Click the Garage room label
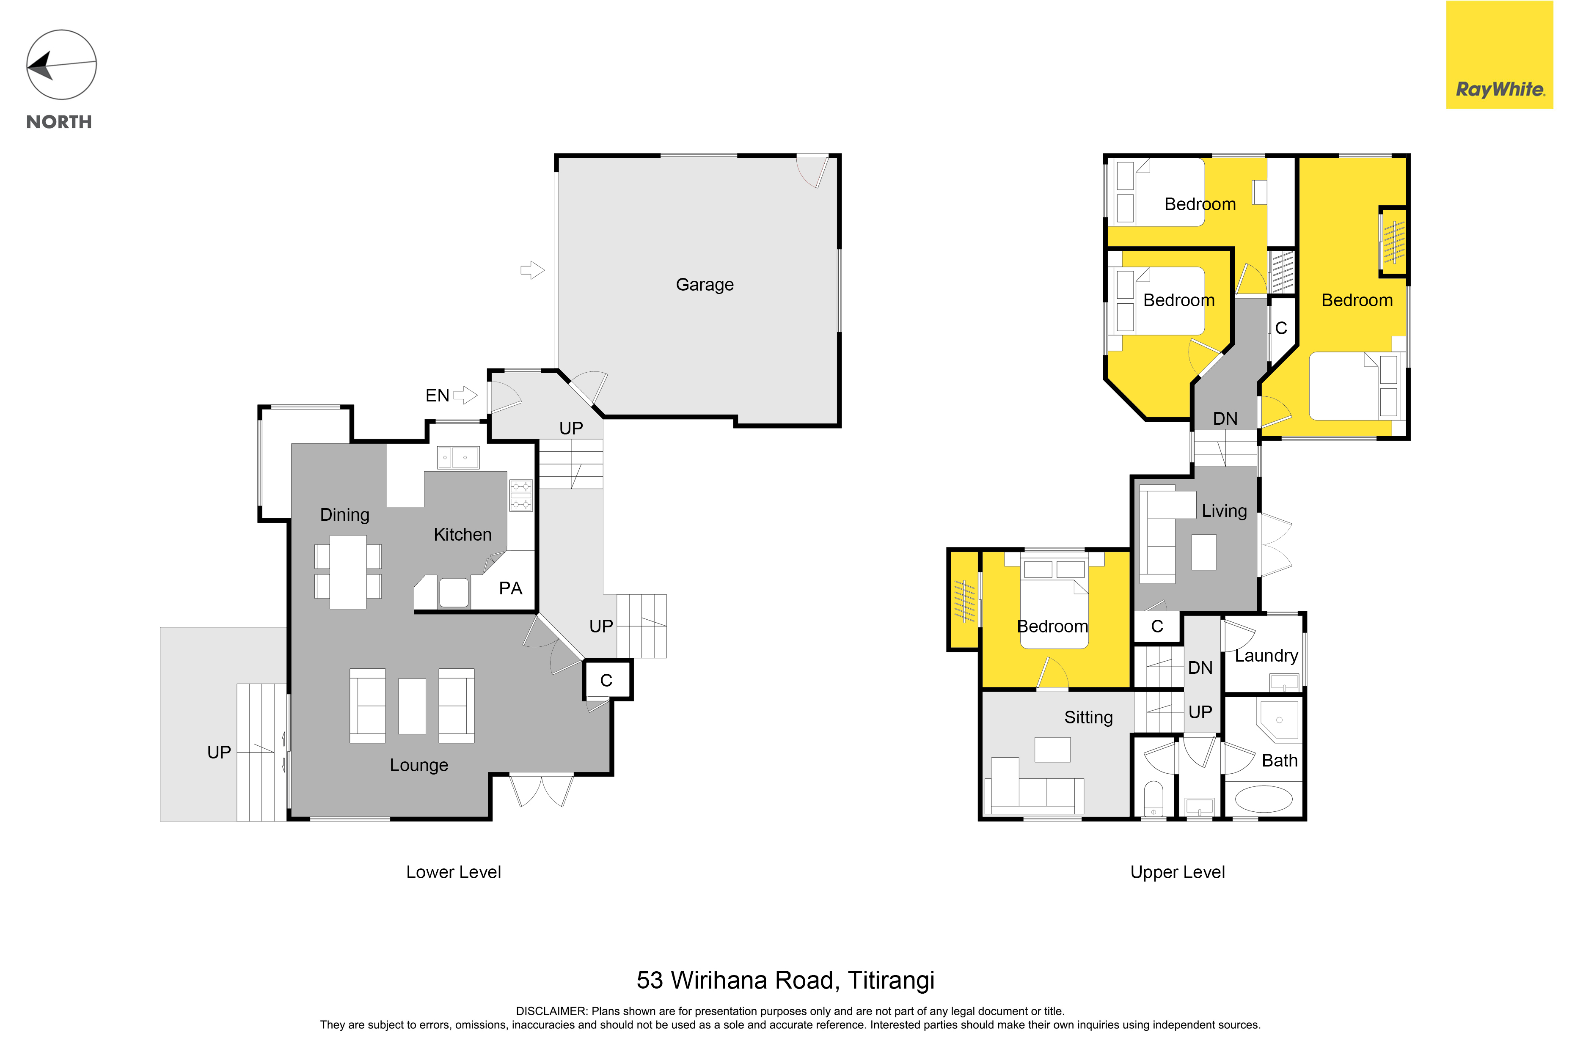pyautogui.click(x=705, y=285)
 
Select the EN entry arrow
pyautogui.click(x=465, y=395)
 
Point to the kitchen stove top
pyautogui.click(x=521, y=495)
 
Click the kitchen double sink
pyautogui.click(x=458, y=458)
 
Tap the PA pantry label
pyautogui.click(x=511, y=589)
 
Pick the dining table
pyautogui.click(x=348, y=572)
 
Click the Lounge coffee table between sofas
pyautogui.click(x=412, y=706)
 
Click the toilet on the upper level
pyautogui.click(x=1154, y=799)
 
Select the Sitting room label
pyautogui.click(x=1088, y=717)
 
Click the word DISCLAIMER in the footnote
pyautogui.click(x=552, y=1011)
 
